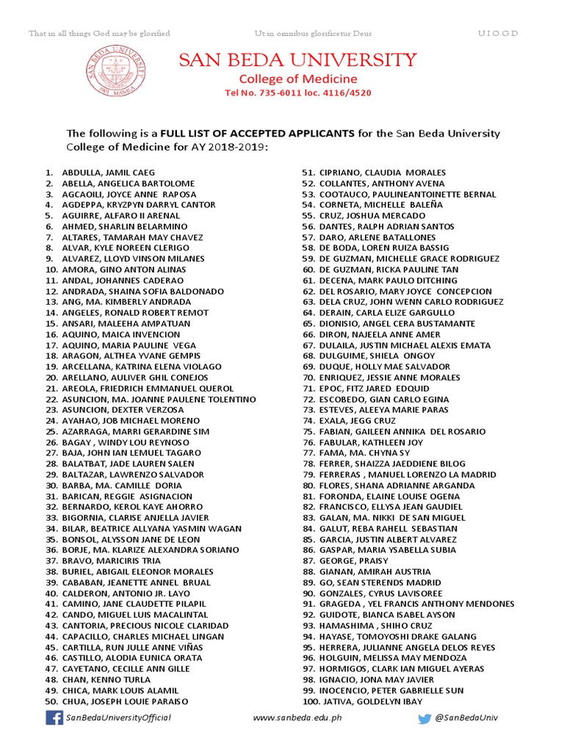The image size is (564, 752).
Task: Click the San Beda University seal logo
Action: tap(114, 70)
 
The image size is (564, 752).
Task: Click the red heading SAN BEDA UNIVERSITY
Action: tap(298, 59)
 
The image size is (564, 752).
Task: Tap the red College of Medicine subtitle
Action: tap(298, 79)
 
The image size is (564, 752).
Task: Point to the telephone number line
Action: tap(298, 93)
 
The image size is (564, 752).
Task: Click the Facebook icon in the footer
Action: tap(54, 717)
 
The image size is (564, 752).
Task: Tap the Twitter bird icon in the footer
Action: tap(424, 718)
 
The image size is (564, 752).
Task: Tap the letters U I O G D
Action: tap(498, 34)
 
